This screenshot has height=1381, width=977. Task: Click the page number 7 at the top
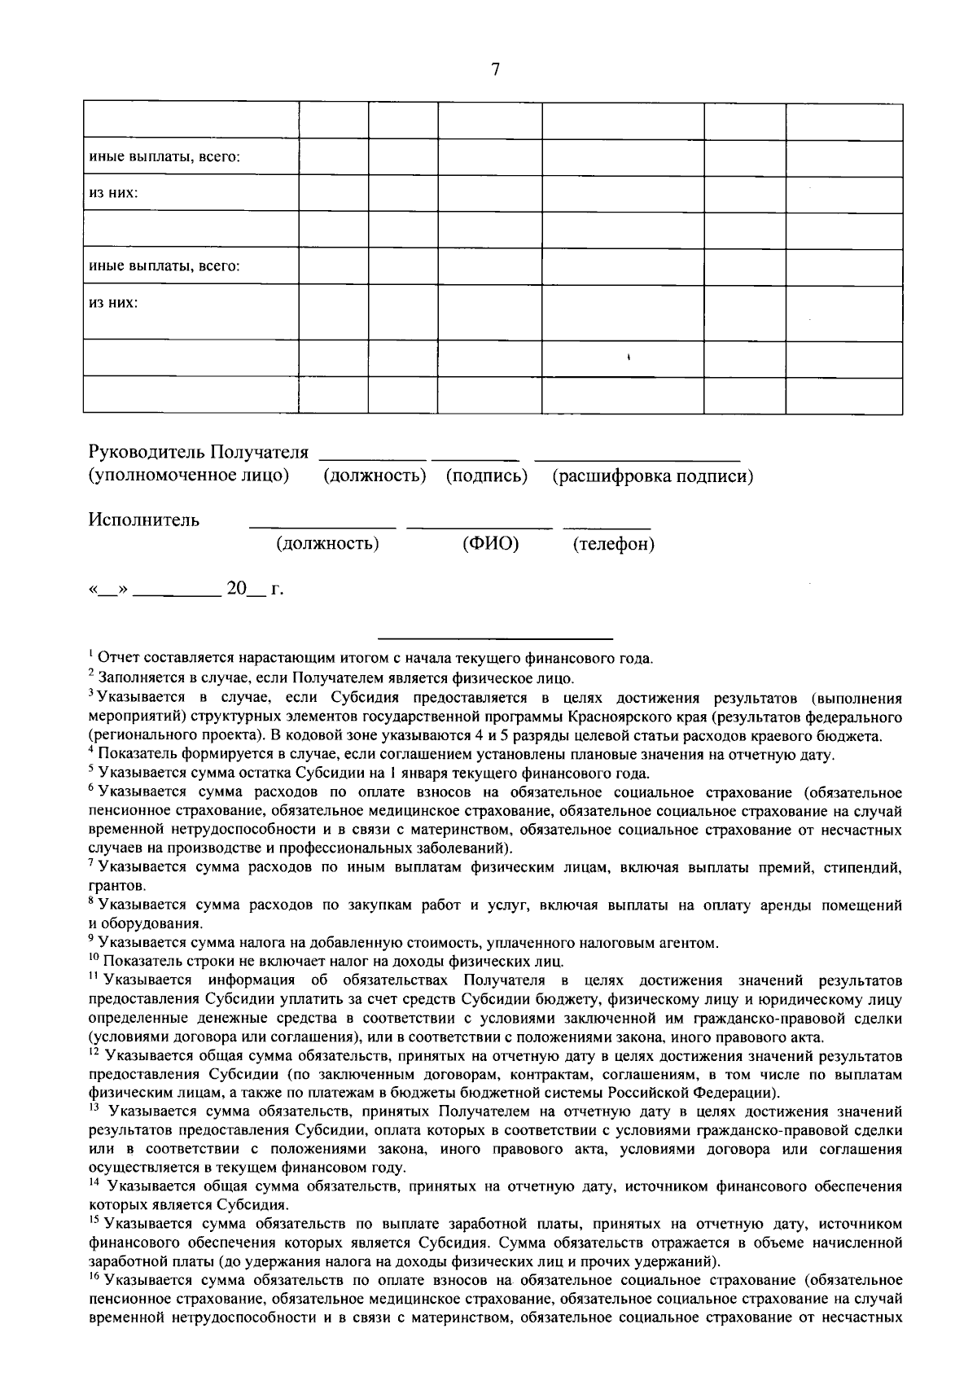495,70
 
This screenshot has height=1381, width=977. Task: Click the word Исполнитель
144,520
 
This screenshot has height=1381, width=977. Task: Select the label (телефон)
613,544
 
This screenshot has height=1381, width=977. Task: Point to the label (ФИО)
490,543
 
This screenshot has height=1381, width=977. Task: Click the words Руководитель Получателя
199,453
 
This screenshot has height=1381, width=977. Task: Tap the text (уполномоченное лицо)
189,475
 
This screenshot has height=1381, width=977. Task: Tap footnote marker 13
93,1108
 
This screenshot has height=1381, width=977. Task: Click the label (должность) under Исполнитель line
327,543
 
